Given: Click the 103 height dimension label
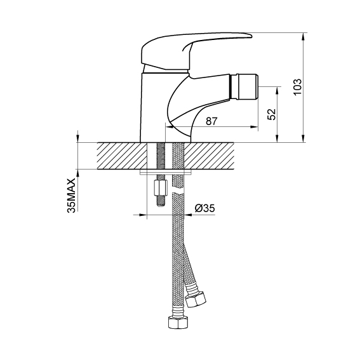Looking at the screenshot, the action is pyautogui.click(x=298, y=86).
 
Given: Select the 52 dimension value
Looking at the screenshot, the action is pyautogui.click(x=272, y=114).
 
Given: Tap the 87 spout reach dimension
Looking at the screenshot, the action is pyautogui.click(x=211, y=121).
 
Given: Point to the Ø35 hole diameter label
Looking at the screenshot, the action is pyautogui.click(x=205, y=208).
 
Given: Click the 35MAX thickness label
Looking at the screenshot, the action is pyautogui.click(x=71, y=196).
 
